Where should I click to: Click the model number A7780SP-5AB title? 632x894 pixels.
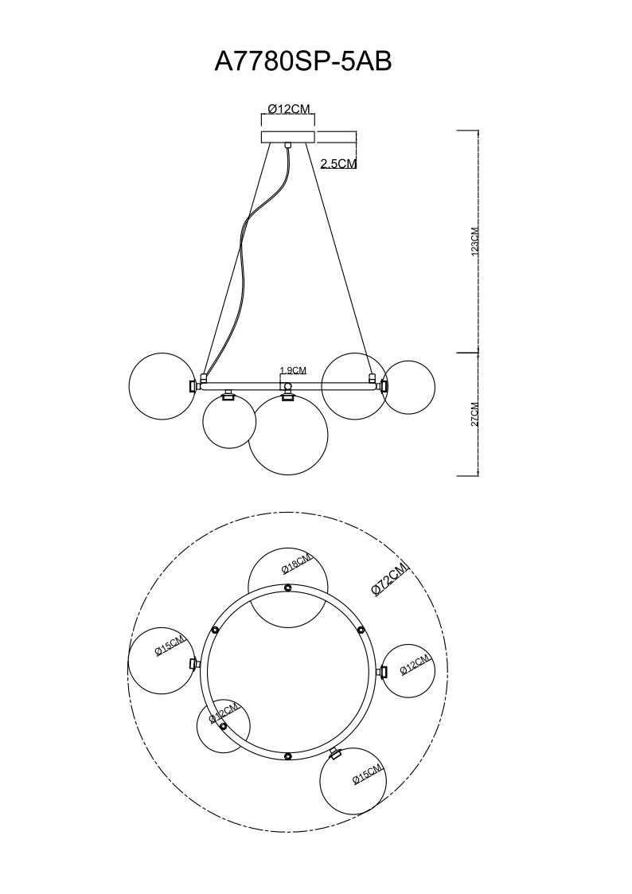(x=303, y=61)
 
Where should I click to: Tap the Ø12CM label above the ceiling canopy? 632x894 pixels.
(x=288, y=109)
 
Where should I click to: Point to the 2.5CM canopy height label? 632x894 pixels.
(x=338, y=164)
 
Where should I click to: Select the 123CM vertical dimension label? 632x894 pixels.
(x=475, y=240)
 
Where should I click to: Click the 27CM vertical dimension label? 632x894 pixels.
(x=475, y=415)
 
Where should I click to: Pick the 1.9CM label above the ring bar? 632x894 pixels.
(x=293, y=371)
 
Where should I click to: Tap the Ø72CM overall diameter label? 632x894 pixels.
(x=390, y=578)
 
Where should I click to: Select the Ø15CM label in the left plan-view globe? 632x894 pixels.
(x=170, y=646)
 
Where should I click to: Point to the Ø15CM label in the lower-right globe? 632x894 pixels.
(x=368, y=774)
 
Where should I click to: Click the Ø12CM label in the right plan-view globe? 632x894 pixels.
(x=415, y=664)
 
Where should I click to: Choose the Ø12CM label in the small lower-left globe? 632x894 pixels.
(x=224, y=712)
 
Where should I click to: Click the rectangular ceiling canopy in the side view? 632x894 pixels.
(x=287, y=137)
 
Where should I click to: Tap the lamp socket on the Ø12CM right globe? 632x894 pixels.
(x=383, y=672)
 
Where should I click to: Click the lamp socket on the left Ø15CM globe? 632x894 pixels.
(x=193, y=663)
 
